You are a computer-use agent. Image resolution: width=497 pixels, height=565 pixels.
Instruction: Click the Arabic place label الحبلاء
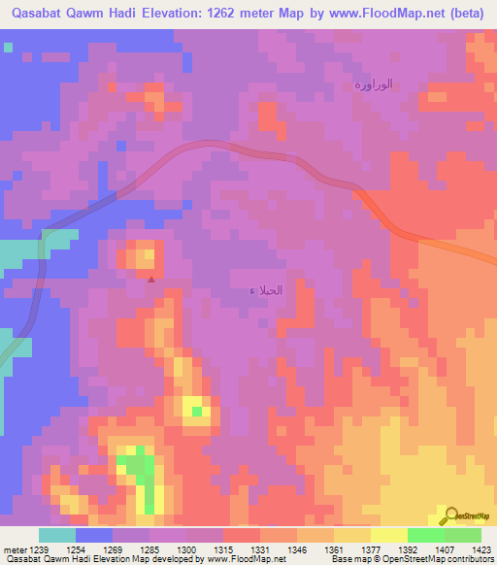point(266,290)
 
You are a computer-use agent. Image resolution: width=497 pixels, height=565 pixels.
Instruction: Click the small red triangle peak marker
point(150,279)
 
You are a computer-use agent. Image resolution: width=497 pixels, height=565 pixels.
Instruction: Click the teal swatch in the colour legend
point(57,535)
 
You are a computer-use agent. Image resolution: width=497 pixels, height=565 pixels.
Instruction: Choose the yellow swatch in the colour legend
point(389,535)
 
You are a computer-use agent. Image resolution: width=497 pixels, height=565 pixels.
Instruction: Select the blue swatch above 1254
point(94,535)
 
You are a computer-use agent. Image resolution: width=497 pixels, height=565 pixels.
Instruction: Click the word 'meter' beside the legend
point(15,548)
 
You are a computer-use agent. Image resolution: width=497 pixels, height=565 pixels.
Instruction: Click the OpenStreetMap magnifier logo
point(452,515)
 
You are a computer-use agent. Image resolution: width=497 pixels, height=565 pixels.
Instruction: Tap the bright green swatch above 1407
point(426,535)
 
